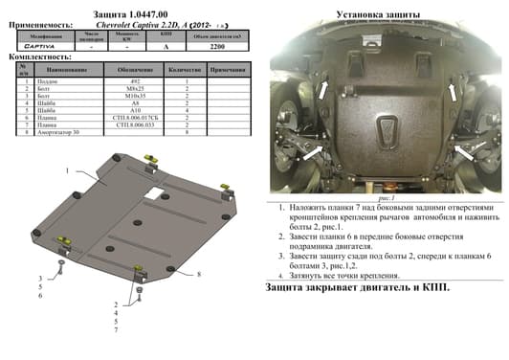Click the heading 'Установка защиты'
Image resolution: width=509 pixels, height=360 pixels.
(380, 14)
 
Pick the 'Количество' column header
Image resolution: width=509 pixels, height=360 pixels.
(184, 71)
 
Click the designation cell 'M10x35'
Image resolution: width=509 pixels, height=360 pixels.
(129, 98)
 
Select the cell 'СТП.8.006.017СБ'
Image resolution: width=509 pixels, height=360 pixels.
(129, 120)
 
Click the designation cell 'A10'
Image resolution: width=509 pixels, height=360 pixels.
(129, 113)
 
